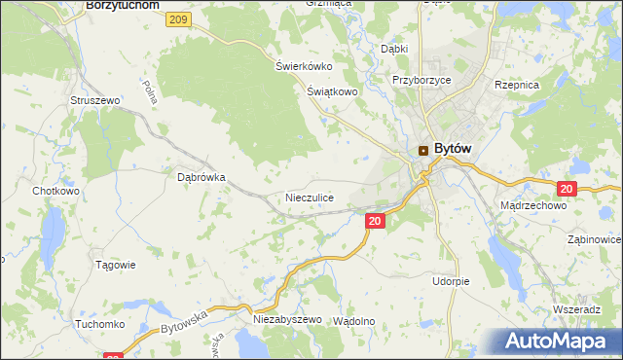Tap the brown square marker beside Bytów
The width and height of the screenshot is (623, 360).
[423, 150]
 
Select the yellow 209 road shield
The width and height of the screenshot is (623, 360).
[177, 19]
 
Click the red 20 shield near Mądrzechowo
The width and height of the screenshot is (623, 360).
[568, 188]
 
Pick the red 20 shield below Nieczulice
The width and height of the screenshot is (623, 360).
[376, 222]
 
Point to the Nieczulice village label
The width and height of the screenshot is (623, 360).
[310, 198]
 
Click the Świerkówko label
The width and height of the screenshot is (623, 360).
[304, 66]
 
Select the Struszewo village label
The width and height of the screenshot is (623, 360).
[93, 100]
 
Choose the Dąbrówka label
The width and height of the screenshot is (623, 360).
[202, 177]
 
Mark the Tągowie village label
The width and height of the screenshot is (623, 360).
[115, 265]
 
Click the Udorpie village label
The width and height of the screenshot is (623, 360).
[451, 281]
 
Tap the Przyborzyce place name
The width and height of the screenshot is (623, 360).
[421, 81]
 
